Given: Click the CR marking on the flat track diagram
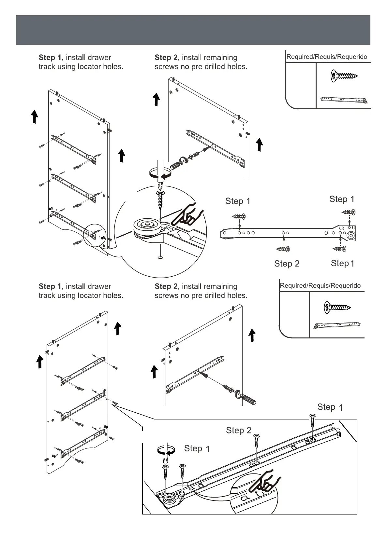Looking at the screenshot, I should (342, 228).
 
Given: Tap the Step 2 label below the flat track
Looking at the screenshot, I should (287, 264).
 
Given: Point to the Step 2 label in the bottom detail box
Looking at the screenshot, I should (239, 431).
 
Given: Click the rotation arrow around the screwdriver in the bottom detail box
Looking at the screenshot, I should (165, 451).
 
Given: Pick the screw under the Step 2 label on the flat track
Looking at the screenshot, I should (283, 249).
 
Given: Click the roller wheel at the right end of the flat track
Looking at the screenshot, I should (351, 236).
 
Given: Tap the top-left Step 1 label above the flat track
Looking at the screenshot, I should (238, 201).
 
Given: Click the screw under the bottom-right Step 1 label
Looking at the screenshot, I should (339, 249).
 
